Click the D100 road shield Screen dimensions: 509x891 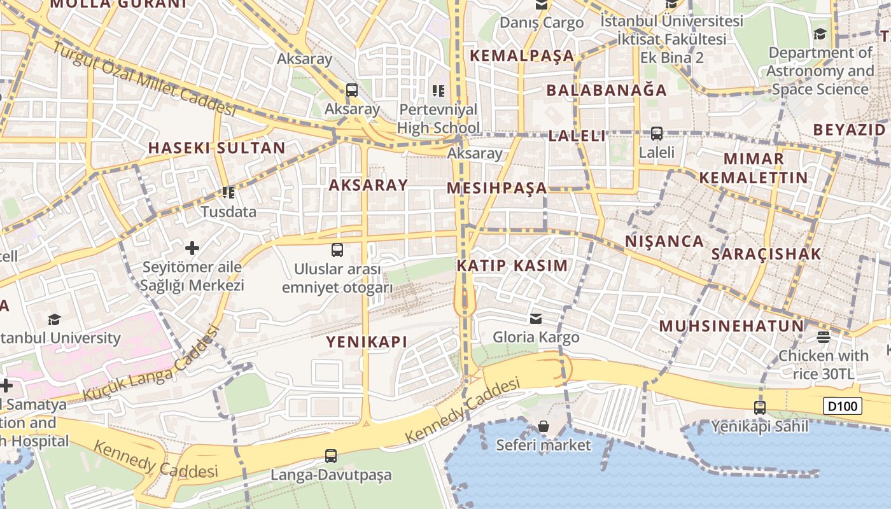pos(842,406)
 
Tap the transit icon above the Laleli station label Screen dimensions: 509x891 pos(656,134)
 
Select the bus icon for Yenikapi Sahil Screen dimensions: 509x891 pos(759,407)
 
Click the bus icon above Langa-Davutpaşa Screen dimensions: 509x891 pos(331,456)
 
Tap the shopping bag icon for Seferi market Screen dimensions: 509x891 pos(544,426)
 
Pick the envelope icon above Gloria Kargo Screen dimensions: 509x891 pos(537,318)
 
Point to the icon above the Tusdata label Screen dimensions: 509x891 pos(228,192)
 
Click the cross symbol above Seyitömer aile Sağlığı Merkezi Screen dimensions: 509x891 pos(192,248)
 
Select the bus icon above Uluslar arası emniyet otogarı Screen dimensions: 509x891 pos(337,250)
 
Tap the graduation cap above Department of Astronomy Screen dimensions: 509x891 pos(820,34)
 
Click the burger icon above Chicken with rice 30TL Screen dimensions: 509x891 pos(824,337)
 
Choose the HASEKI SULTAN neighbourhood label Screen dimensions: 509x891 pos(217,148)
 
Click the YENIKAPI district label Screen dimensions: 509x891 pos(367,342)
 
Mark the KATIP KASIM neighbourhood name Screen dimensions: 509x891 pos(512,266)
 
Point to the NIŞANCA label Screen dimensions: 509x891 pos(664,241)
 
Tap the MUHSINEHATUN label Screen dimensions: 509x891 pos(731,326)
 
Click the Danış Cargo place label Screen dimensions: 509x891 pos(542,23)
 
